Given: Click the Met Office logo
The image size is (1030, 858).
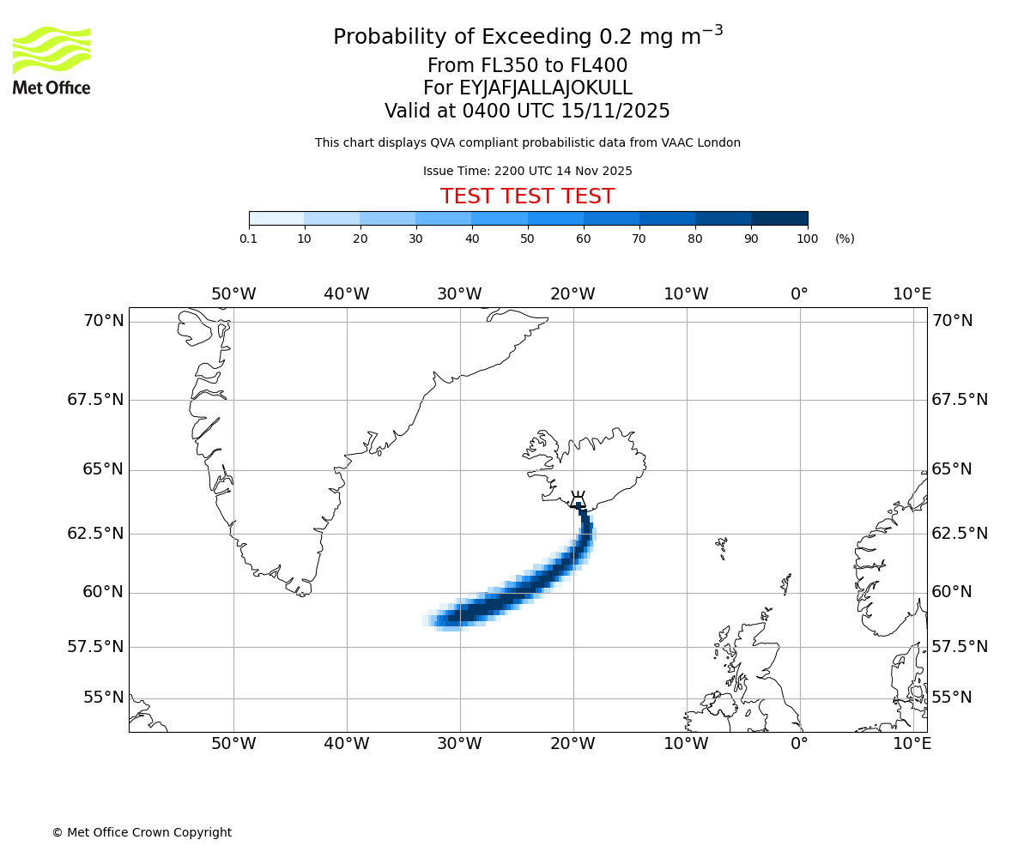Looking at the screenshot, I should tap(51, 60).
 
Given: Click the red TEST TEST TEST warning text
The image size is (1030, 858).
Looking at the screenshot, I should tap(527, 196).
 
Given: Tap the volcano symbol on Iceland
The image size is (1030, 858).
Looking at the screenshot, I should tap(578, 499).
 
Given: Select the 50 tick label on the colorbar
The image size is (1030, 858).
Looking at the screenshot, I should tap(527, 239).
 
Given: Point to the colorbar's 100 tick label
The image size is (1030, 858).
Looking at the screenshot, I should tap(807, 239).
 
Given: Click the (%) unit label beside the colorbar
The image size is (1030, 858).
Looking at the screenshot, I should tap(845, 239).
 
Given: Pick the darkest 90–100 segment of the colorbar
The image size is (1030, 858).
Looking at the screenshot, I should tap(779, 219).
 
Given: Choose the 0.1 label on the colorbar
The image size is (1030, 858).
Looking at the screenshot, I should tap(249, 239).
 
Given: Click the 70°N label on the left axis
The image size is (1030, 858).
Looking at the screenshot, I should tap(103, 321).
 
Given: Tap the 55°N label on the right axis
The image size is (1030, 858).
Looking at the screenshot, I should tap(952, 697).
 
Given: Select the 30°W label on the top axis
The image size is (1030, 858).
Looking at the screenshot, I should tap(459, 294).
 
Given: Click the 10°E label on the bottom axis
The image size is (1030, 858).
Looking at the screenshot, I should tap(912, 743).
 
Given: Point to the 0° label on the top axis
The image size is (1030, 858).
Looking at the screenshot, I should tap(799, 294).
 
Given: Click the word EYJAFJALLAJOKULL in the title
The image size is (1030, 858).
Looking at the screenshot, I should tap(546, 88).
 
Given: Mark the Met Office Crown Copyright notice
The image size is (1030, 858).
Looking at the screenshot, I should tap(142, 832).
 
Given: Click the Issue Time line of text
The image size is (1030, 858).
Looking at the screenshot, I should tap(527, 172).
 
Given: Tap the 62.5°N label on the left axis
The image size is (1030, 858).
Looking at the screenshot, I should tap(95, 533).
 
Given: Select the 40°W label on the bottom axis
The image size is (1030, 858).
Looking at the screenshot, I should tap(347, 743).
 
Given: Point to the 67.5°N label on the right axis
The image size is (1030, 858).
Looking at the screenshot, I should tap(960, 400).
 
